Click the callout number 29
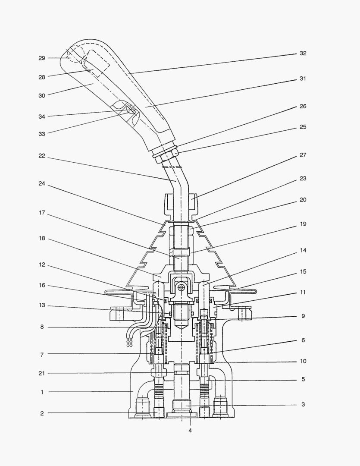click(x=42, y=58)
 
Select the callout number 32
click(x=303, y=54)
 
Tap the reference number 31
click(x=303, y=79)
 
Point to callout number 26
click(x=303, y=106)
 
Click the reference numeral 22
click(x=42, y=156)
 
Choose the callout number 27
click(x=303, y=155)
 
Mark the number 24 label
click(x=42, y=183)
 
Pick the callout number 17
click(x=42, y=213)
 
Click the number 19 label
click(x=303, y=224)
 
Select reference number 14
click(x=303, y=250)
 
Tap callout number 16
click(x=42, y=286)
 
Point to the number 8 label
click(x=42, y=327)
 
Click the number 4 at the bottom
click(x=190, y=430)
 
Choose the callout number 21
click(x=42, y=373)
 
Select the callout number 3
click(x=303, y=405)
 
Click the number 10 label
click(x=303, y=361)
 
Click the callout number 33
click(x=42, y=134)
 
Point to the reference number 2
click(x=42, y=413)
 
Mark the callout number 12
click(x=42, y=265)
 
